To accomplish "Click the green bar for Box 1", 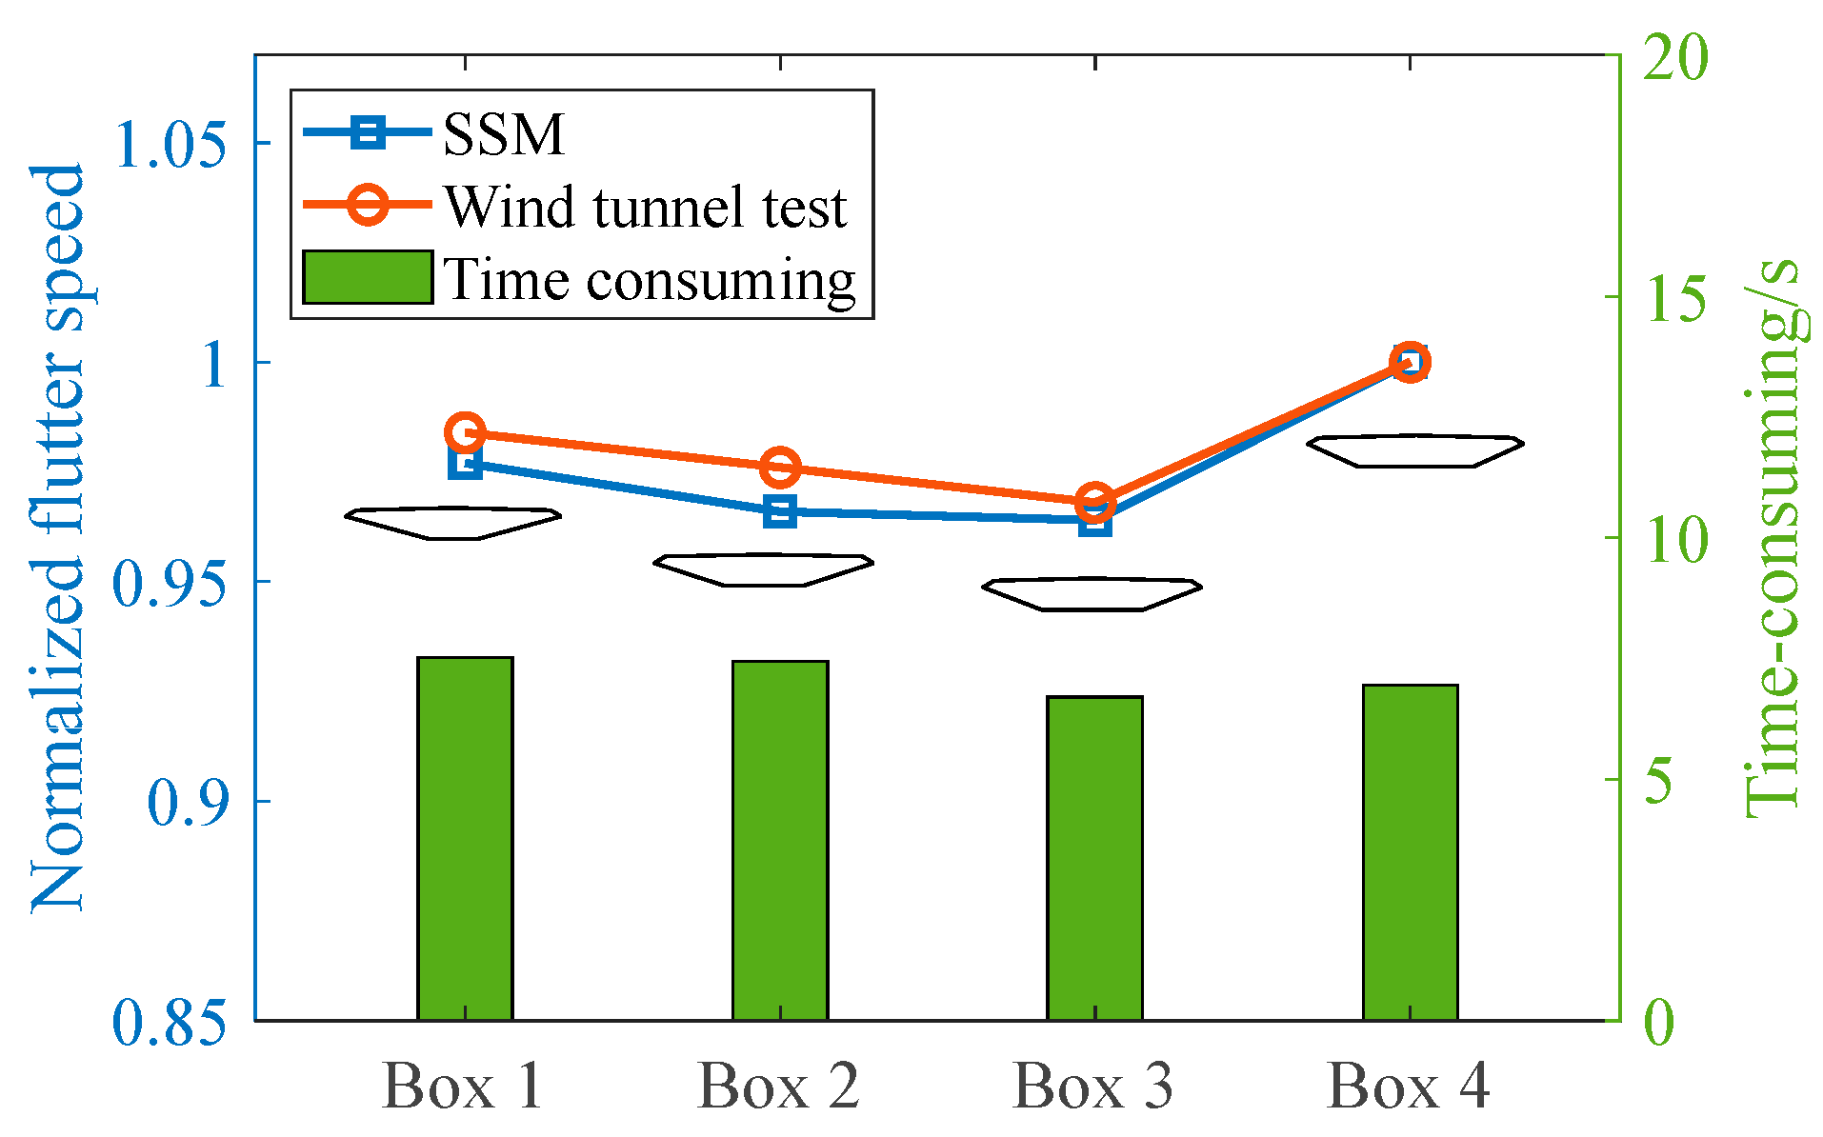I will [x=465, y=838].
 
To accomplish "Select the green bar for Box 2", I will [x=780, y=840].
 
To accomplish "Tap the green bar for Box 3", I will [x=1094, y=857].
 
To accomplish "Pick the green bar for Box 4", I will [x=1410, y=852].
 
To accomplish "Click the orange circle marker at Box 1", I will [x=465, y=433].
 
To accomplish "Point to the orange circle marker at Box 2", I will [x=780, y=468].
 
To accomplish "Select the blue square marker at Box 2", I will [x=780, y=512].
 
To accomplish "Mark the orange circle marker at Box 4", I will [x=1410, y=363].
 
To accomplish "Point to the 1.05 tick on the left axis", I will [x=171, y=145].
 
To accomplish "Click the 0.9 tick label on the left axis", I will [x=188, y=803].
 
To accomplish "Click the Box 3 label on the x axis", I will [x=1093, y=1086].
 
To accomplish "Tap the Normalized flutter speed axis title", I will [x=59, y=538].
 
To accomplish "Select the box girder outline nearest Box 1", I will [x=452, y=523].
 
